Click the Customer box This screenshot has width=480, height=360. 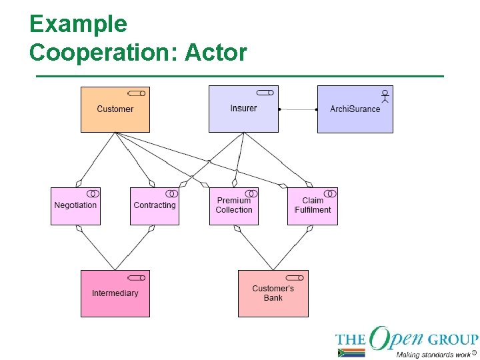tap(115, 109)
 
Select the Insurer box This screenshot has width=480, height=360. tap(243, 109)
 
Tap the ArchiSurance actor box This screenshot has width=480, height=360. tap(355, 109)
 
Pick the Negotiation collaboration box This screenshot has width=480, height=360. tap(75, 206)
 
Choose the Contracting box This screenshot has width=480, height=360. tap(155, 206)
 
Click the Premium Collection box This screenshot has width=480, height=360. tap(234, 206)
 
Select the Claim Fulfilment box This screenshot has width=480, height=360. tap(312, 206)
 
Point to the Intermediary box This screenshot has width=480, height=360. tap(115, 293)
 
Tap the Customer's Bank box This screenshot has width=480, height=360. tap(273, 293)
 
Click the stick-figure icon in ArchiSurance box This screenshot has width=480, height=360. tap(385, 96)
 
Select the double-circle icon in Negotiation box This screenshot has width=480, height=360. tap(93, 193)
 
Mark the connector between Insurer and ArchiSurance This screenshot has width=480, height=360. tap(297, 109)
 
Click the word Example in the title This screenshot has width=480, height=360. tap(78, 24)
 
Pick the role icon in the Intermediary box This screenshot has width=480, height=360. tap(137, 277)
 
